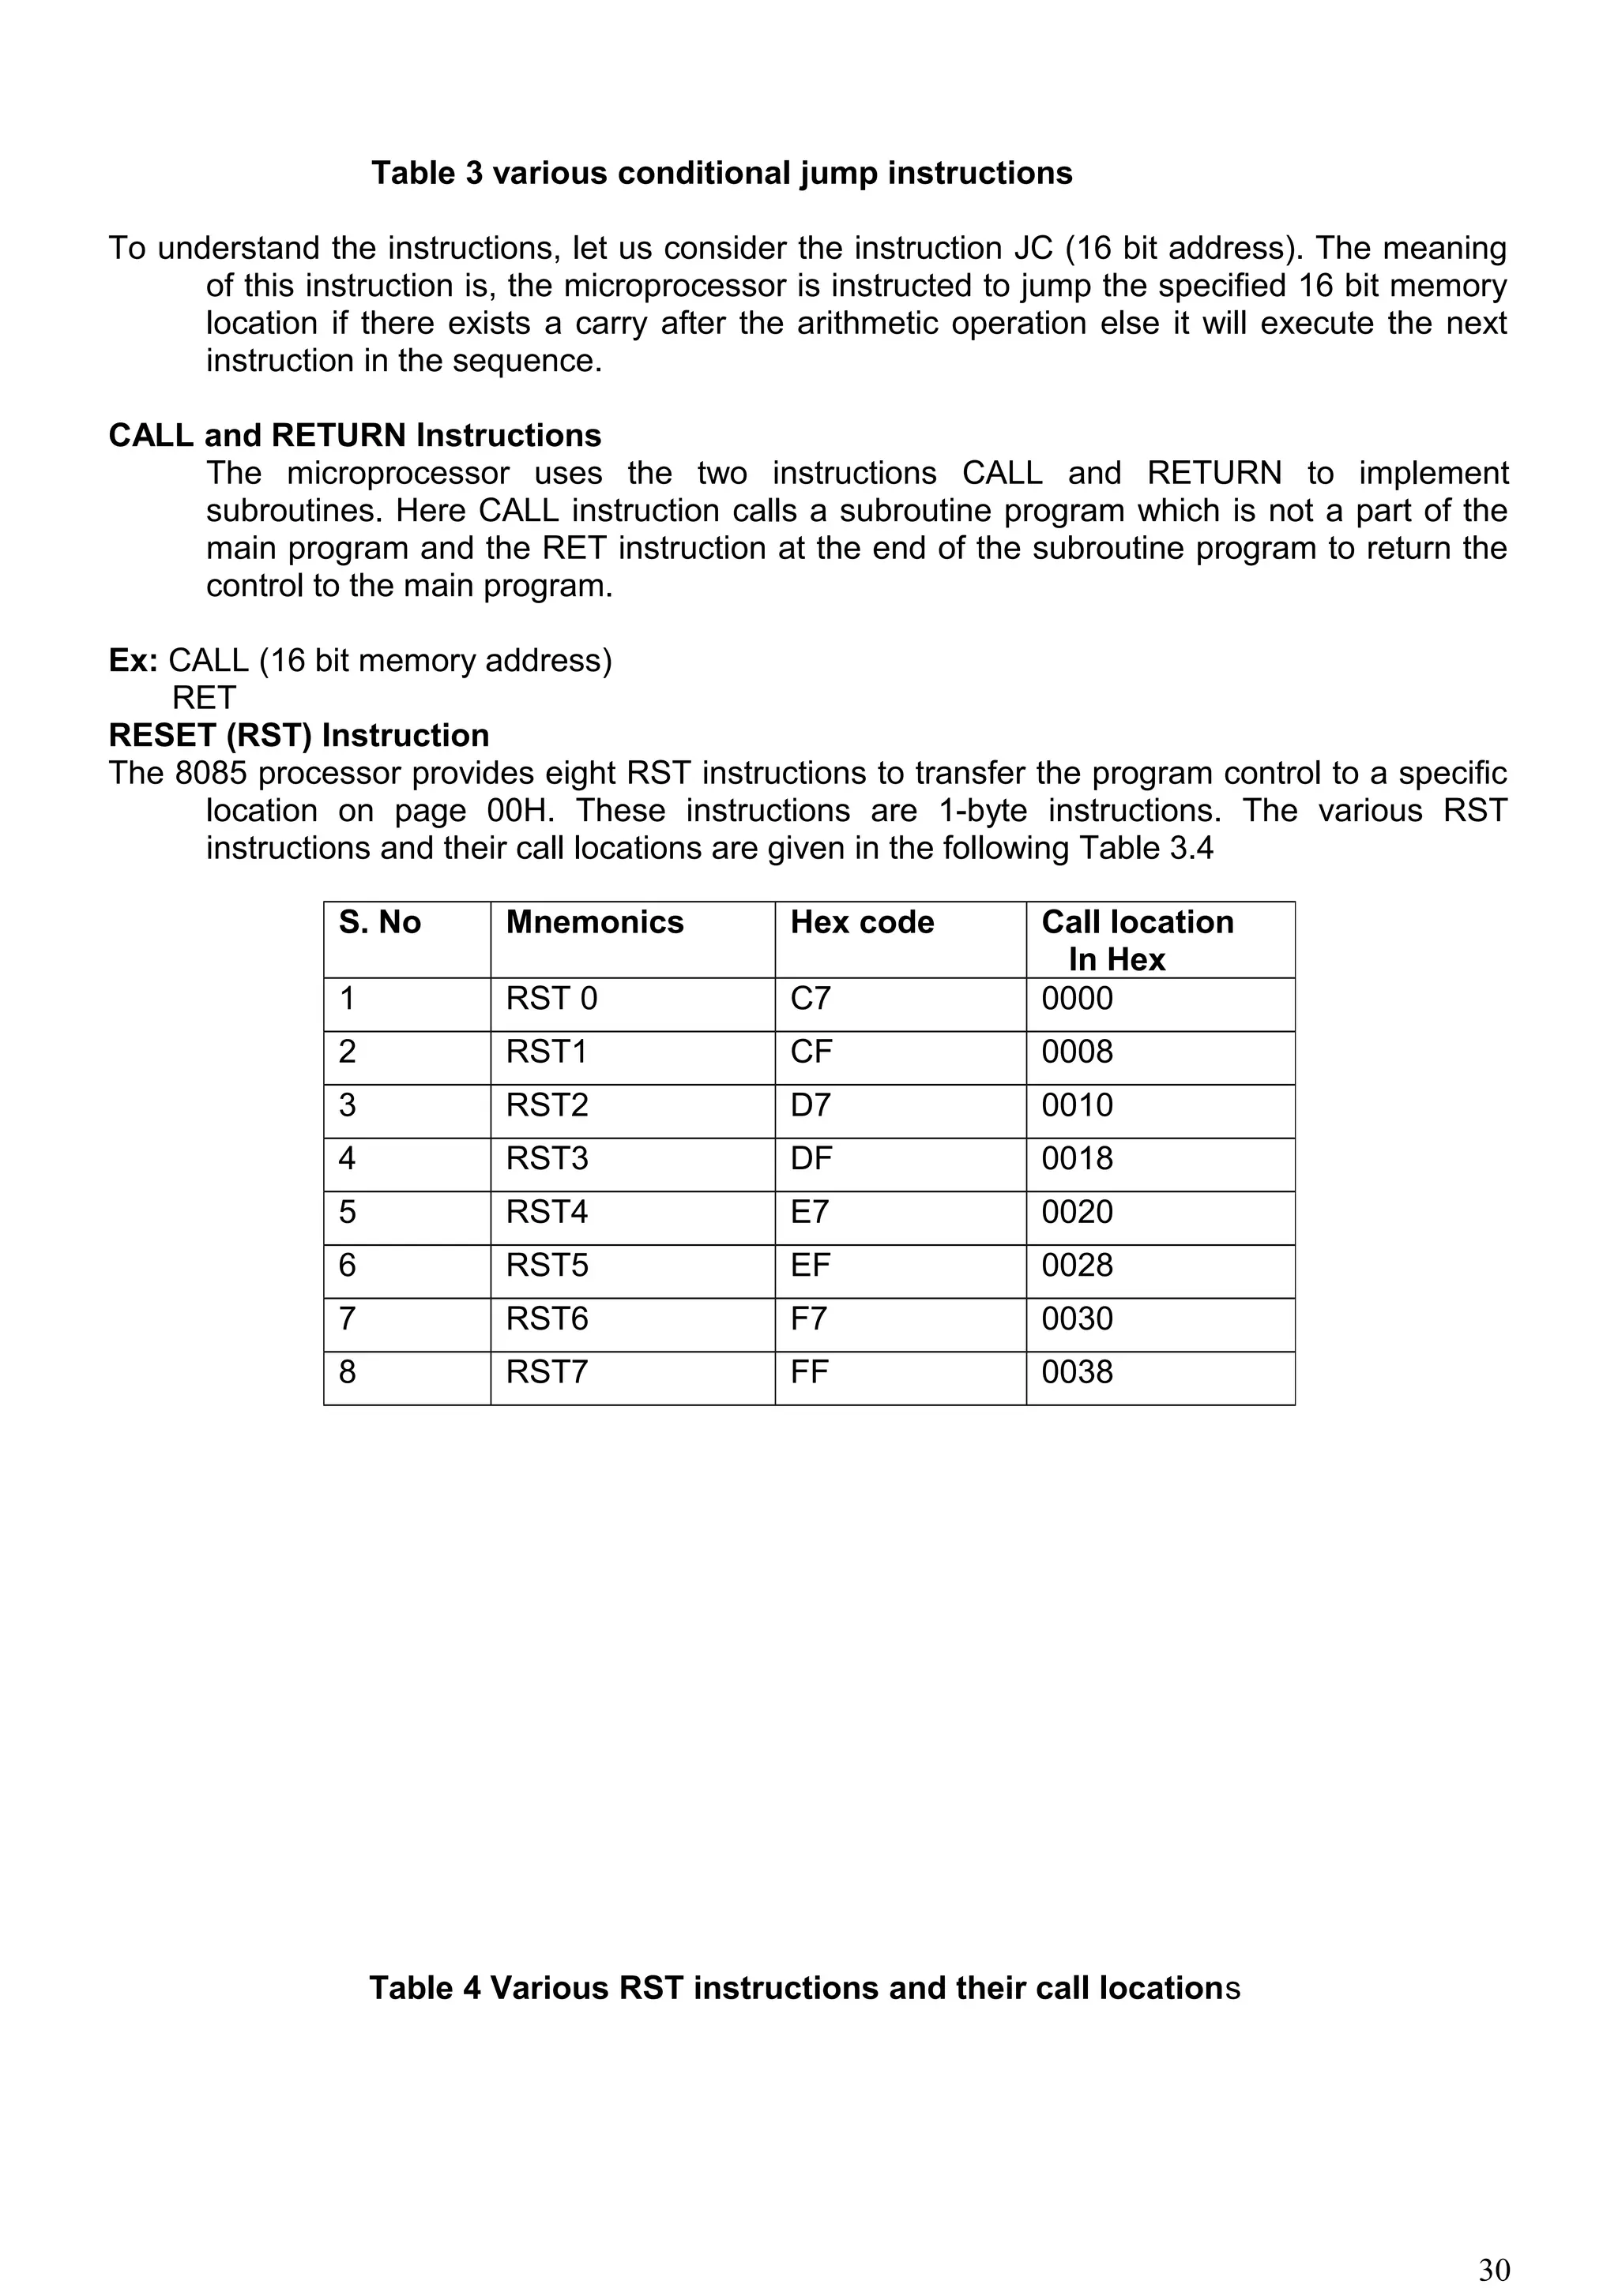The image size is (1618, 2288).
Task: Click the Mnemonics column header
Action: [594, 922]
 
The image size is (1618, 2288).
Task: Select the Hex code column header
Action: [861, 922]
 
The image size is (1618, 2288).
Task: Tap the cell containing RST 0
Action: [551, 999]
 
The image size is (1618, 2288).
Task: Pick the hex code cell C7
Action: [810, 999]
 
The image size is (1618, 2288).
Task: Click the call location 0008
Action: [1077, 1052]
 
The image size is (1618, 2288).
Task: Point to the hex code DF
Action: [811, 1158]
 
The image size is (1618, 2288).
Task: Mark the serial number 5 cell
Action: [347, 1212]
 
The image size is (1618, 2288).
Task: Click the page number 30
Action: [1493, 2269]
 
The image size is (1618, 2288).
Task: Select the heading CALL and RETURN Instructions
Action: [355, 436]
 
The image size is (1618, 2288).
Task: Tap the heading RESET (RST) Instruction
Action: [299, 736]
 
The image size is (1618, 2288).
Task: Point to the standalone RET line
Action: [203, 698]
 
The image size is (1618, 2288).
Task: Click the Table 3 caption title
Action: [722, 174]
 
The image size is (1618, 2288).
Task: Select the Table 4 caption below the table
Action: [803, 1987]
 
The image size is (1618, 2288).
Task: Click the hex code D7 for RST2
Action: [810, 1105]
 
